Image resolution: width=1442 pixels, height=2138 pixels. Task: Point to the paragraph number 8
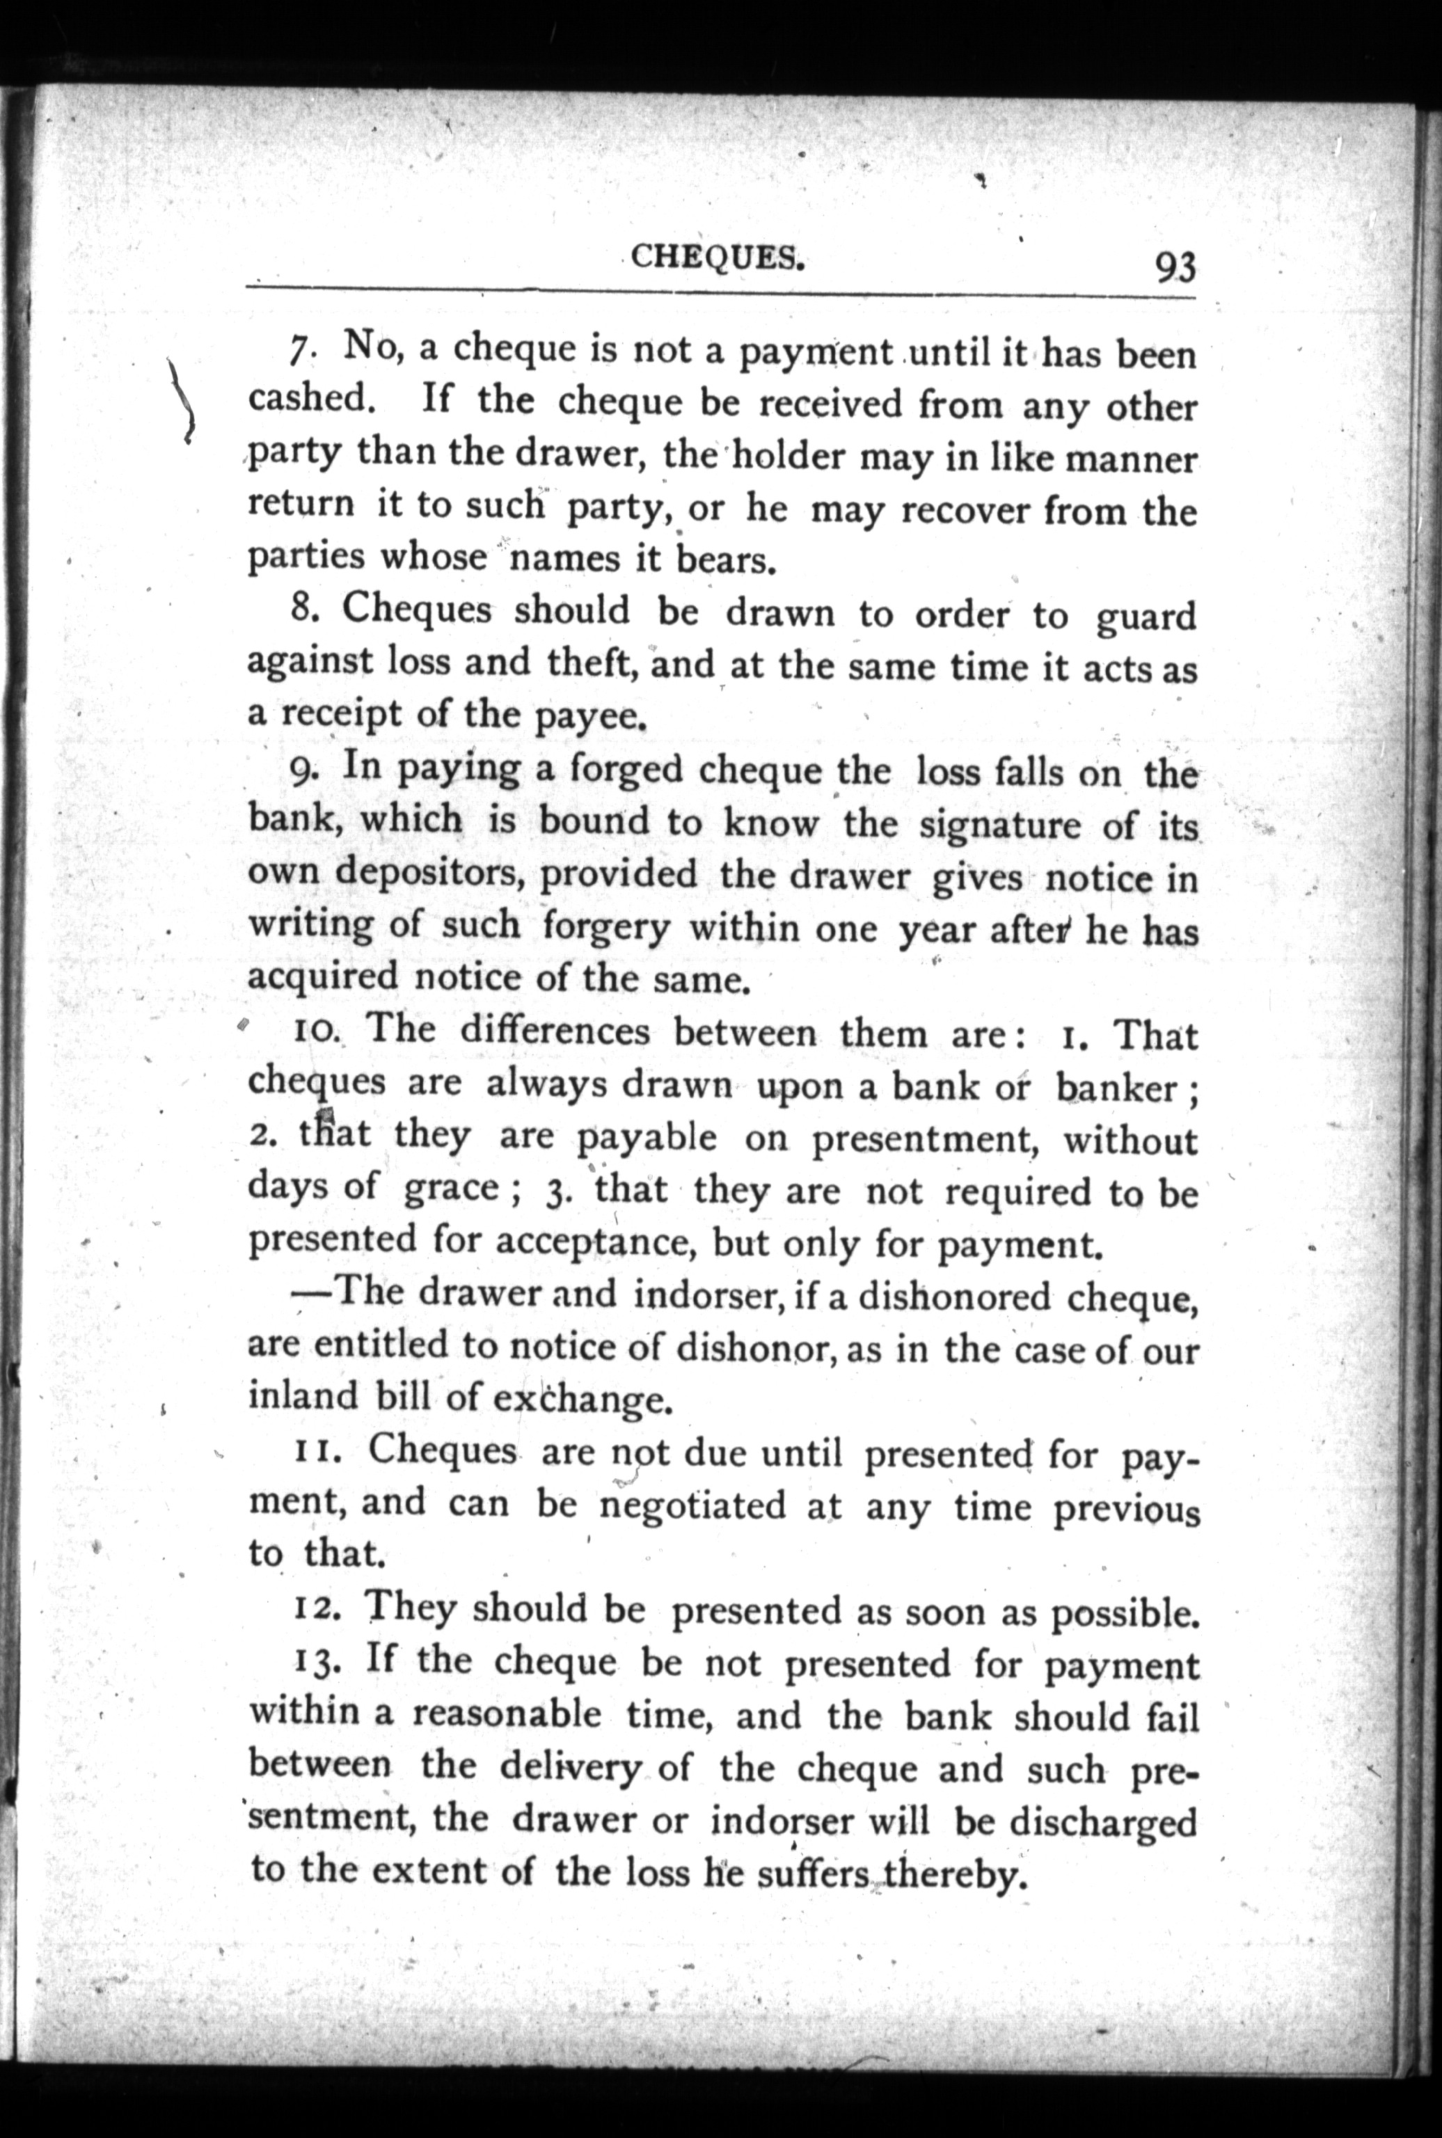(304, 610)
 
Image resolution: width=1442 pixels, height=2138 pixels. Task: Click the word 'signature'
(999, 823)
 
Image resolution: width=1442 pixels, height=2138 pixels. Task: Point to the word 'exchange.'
(578, 1400)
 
